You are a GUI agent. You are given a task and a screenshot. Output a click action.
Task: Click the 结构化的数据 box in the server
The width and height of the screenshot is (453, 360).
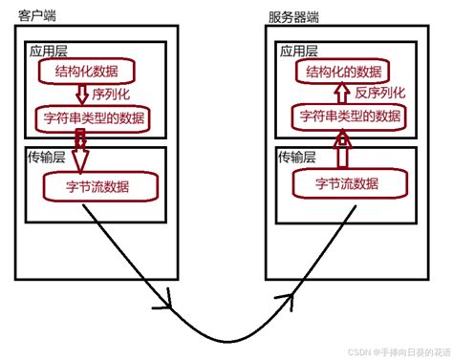click(x=347, y=72)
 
